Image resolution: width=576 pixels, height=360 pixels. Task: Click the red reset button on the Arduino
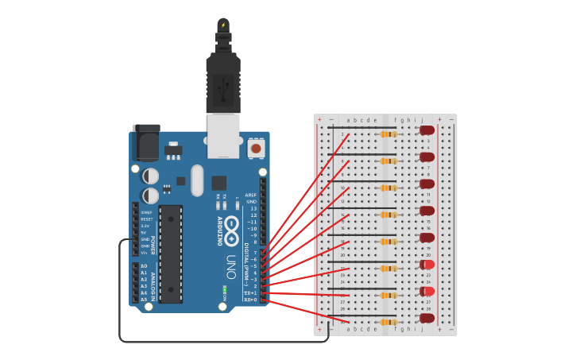coord(256,148)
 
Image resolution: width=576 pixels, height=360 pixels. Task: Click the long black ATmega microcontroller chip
coord(170,254)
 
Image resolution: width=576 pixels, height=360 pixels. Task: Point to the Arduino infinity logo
coord(231,231)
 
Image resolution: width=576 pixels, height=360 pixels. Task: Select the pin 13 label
coord(253,208)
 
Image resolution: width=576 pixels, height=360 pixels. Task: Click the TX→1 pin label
coord(250,293)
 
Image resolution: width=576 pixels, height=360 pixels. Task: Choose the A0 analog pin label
coord(144,266)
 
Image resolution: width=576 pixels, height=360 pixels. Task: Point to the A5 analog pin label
coord(144,300)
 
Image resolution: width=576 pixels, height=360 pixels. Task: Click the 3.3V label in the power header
coord(145,226)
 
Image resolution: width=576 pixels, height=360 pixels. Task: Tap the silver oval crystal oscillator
coord(197,180)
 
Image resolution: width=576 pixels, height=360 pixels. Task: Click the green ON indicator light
coord(225,287)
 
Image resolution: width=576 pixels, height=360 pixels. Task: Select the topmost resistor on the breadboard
coord(388,134)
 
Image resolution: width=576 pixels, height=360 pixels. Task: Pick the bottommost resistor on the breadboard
coord(388,322)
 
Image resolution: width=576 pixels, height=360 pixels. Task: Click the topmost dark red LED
coord(427,130)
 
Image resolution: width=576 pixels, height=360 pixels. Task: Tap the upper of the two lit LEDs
coord(428,265)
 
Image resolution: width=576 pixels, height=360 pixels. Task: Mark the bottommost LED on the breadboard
coord(427,319)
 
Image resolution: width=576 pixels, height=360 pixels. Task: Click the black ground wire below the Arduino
coord(222,342)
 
